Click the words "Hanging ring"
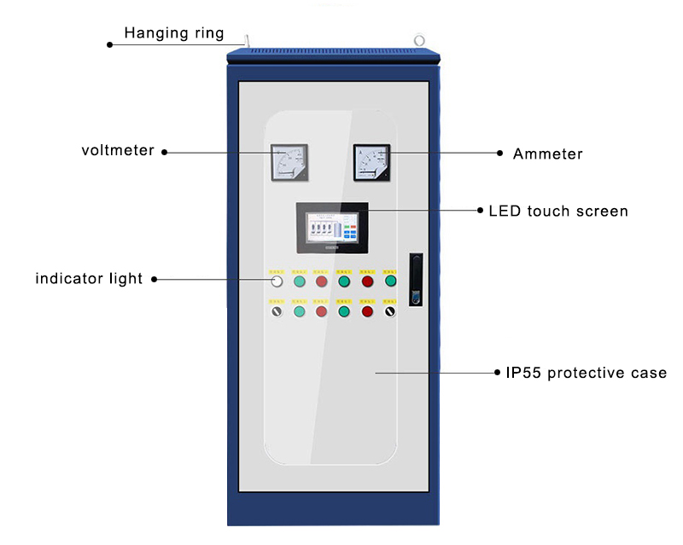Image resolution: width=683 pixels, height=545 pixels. [x=174, y=33]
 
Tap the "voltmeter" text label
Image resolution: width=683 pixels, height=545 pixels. [x=118, y=151]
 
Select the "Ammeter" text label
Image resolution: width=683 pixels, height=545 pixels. [x=547, y=154]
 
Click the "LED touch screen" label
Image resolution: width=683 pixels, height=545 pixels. [x=558, y=211]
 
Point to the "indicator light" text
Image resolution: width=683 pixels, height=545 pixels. [x=89, y=279]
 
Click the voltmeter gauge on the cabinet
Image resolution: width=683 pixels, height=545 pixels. [x=289, y=162]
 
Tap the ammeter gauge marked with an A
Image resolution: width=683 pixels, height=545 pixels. [x=371, y=162]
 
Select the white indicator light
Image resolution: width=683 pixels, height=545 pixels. [x=277, y=281]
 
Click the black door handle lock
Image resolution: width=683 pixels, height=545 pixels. [x=416, y=279]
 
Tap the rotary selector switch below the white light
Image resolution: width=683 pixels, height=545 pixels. [x=277, y=311]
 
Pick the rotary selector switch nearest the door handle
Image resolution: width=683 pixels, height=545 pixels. [x=390, y=311]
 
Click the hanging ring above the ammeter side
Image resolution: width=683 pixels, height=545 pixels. [x=419, y=40]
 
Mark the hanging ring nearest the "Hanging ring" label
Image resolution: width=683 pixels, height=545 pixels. [x=245, y=41]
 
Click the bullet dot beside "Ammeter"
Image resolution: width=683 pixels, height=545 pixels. [x=501, y=154]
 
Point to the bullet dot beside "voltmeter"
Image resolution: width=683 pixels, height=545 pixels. [x=165, y=153]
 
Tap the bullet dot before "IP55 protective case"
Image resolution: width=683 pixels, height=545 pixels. [x=498, y=373]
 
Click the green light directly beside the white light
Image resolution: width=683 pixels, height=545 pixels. [x=300, y=281]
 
